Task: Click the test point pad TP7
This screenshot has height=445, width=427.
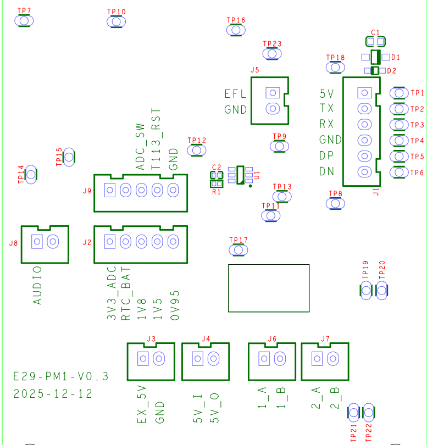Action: pos(24,21)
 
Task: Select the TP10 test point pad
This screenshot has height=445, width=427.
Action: pos(117,21)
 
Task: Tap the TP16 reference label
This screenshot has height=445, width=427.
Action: pos(236,20)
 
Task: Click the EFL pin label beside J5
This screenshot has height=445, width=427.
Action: pos(235,94)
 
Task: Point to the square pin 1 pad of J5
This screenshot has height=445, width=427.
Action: pos(273,93)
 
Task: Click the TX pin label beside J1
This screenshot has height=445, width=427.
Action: pos(326,108)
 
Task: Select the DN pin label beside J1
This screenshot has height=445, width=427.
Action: pos(326,171)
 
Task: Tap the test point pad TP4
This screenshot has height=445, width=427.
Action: pos(399,141)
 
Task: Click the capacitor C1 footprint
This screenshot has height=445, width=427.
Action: pos(375,42)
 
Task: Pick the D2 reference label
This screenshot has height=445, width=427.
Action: pos(391,71)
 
